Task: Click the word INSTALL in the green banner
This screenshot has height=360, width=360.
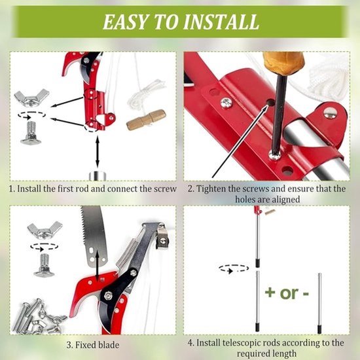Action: (221, 22)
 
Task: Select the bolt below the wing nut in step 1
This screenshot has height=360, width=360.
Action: (31, 133)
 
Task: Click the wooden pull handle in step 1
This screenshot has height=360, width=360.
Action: (146, 120)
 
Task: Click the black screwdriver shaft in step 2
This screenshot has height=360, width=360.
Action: (278, 114)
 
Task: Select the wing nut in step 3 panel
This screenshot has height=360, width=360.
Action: (45, 230)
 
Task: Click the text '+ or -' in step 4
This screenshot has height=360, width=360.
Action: (287, 293)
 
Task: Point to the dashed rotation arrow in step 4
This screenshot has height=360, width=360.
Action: (234, 268)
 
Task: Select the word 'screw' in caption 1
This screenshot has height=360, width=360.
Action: (164, 189)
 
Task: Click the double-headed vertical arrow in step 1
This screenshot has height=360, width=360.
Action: (98, 152)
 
